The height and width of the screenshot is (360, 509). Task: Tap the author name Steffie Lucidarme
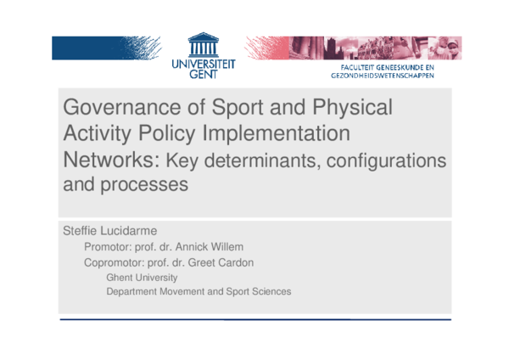click(x=103, y=230)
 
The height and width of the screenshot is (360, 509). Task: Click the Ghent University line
click(x=142, y=277)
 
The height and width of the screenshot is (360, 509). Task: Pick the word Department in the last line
click(x=133, y=291)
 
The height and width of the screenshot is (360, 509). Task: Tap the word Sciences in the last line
click(x=271, y=291)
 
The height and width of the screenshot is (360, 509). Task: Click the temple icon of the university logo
click(x=203, y=46)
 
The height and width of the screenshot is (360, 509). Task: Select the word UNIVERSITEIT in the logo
click(x=203, y=64)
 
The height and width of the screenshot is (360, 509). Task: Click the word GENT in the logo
click(x=203, y=74)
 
